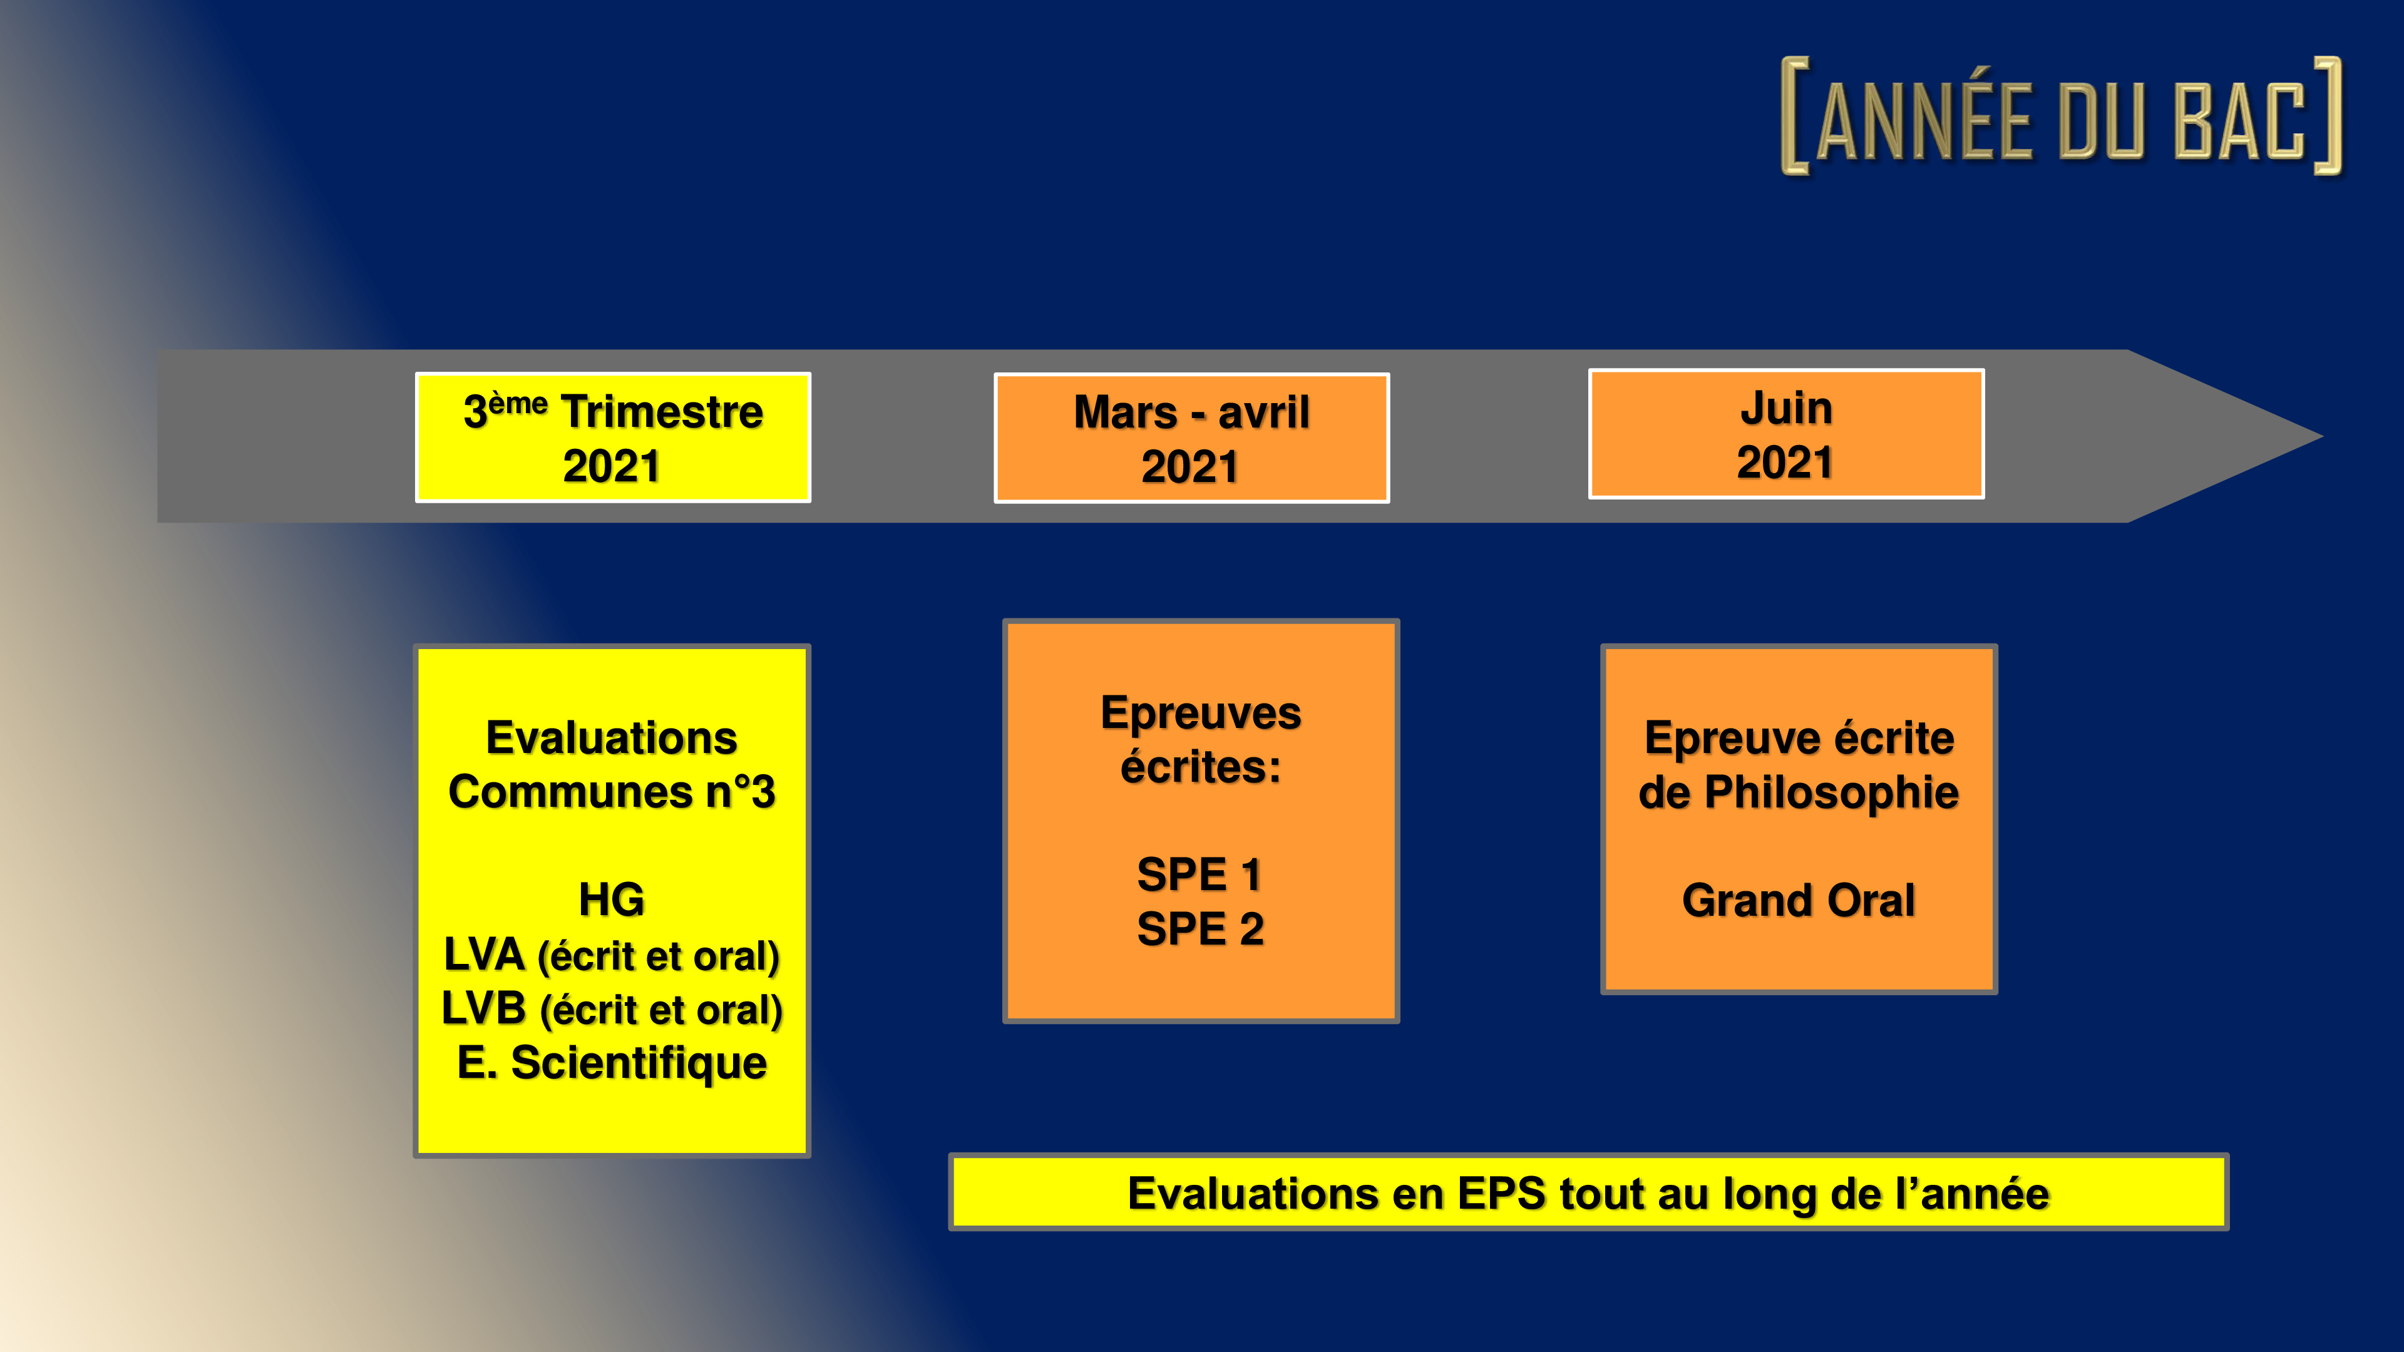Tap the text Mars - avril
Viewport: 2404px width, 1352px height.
coord(1192,412)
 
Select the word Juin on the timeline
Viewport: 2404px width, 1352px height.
coord(1786,407)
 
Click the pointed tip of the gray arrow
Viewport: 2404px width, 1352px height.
coord(2322,436)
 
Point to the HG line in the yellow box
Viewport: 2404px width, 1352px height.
coord(611,899)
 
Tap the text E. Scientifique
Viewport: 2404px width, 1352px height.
coord(611,1063)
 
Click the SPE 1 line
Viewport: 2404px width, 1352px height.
coord(1200,875)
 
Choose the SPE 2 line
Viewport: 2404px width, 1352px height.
coord(1200,929)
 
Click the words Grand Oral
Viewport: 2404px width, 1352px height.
coord(1799,901)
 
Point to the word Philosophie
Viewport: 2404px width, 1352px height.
coord(1831,793)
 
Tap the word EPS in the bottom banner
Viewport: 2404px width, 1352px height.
coord(1502,1194)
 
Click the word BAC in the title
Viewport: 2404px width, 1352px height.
coord(2240,120)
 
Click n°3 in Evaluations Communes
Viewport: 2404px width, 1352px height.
coord(740,792)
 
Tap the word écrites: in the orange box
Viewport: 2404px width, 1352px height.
coord(1200,767)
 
